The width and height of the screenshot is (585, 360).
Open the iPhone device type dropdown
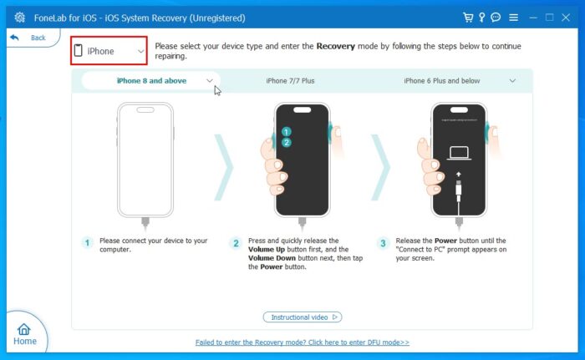[109, 51]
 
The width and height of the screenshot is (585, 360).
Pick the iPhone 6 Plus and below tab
[442, 81]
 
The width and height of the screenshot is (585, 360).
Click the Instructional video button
[302, 317]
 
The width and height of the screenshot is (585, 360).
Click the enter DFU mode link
[302, 342]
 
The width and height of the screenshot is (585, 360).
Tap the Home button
[24, 334]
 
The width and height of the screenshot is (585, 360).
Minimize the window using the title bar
[531, 17]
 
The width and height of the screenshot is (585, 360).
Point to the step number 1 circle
[86, 243]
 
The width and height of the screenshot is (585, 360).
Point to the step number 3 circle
[383, 243]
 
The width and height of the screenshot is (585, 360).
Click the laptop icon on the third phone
[458, 152]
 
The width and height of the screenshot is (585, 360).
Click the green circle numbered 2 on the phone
[286, 142]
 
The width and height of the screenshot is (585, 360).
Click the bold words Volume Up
[268, 249]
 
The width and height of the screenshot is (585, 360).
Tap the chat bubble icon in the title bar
[496, 17]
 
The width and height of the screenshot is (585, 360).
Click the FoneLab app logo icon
[19, 17]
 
